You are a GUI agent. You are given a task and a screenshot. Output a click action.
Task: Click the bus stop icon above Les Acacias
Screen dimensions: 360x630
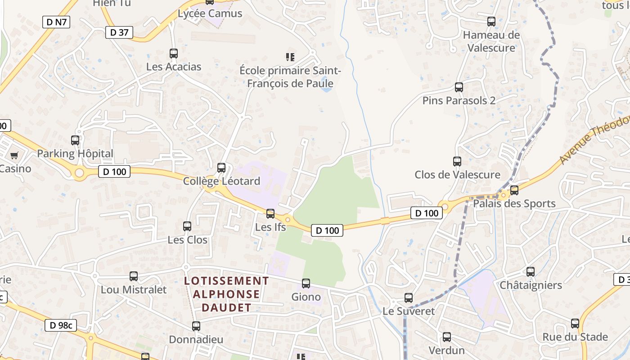(x=174, y=54)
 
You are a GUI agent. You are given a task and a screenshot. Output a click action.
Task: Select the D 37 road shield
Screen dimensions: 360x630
(x=119, y=32)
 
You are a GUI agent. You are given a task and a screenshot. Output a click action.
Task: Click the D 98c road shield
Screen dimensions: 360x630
(x=61, y=325)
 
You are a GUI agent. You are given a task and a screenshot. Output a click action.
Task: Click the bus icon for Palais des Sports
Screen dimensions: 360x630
(x=514, y=190)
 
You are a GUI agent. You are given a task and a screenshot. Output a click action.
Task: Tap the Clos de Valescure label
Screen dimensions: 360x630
(x=457, y=175)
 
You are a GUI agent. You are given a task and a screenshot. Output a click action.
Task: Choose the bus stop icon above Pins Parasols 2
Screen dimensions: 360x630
(x=459, y=87)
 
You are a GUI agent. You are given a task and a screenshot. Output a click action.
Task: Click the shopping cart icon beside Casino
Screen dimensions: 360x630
(x=14, y=156)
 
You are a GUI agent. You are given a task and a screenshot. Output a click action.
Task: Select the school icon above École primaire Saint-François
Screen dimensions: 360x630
(x=290, y=57)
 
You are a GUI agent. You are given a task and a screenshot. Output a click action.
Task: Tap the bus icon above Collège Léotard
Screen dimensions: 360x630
(x=221, y=168)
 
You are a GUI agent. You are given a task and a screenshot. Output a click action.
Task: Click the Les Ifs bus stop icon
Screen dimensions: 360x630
(x=270, y=214)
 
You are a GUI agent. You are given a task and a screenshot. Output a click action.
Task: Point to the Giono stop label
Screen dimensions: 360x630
(x=306, y=297)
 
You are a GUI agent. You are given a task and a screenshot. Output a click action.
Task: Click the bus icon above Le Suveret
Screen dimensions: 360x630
(x=409, y=298)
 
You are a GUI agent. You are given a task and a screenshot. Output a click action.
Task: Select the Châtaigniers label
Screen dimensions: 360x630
(x=531, y=285)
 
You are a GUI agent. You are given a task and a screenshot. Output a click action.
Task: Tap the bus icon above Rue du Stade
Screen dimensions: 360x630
(x=575, y=324)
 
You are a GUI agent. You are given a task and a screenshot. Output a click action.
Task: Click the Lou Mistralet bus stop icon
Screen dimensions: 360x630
(x=134, y=276)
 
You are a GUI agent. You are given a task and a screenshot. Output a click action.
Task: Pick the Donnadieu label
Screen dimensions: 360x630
(x=196, y=339)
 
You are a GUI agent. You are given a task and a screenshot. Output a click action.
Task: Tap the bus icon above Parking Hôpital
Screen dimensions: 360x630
(x=75, y=140)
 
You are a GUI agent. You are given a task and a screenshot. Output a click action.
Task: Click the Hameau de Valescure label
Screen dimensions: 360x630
(x=491, y=41)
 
